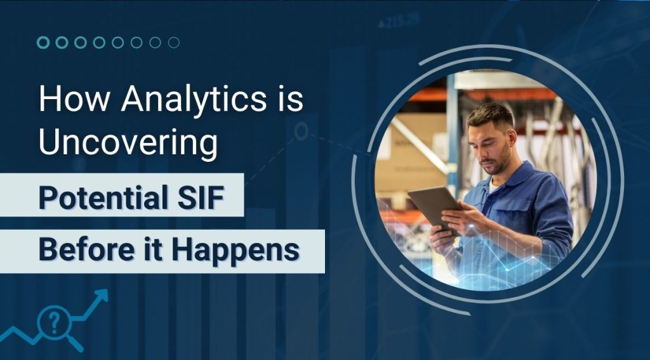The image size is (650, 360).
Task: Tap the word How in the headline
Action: [75, 98]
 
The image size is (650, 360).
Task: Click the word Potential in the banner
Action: [100, 197]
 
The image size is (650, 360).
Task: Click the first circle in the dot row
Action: [43, 43]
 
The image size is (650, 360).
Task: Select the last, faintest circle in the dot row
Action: [174, 43]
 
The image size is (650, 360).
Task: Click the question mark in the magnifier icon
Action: [54, 321]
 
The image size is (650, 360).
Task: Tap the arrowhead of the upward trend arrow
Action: [101, 295]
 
